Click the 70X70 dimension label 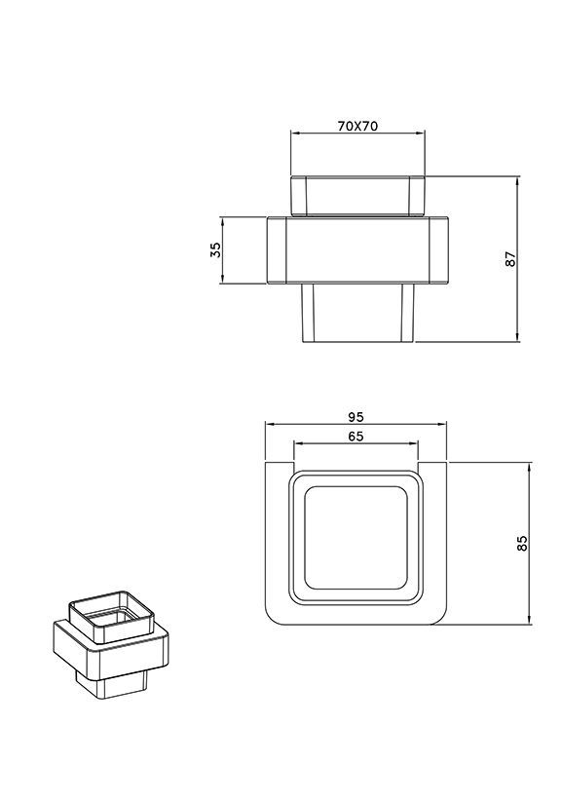pos(357,126)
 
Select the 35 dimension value pos(216,249)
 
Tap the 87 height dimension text pos(510,259)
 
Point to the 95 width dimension pos(356,417)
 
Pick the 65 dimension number pos(356,437)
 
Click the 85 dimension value pos(522,543)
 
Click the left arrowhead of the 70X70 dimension pos(294,134)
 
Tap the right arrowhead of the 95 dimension pos(443,424)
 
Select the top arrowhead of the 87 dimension pos(518,180)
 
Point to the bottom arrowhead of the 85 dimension pos(529,621)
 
